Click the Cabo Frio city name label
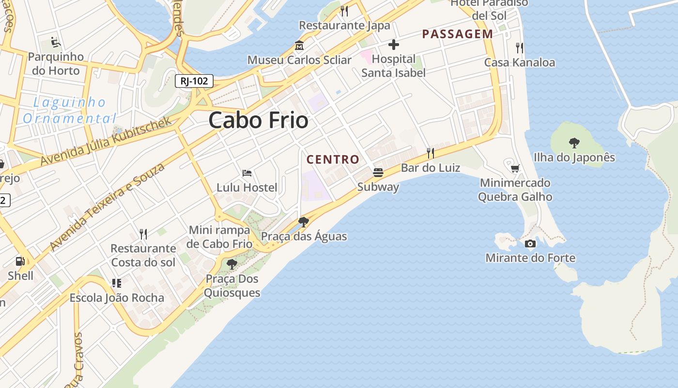tap(258, 120)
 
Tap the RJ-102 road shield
tap(194, 81)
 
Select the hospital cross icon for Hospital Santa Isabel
tap(394, 45)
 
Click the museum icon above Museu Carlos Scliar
tap(299, 46)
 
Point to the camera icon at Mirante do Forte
tap(530, 243)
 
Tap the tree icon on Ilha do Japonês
tap(574, 143)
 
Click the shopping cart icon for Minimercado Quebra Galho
tap(515, 168)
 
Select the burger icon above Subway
tap(378, 173)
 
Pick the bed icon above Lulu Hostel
tap(247, 173)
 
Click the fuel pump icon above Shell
tap(20, 261)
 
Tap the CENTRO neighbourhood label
tap(333, 159)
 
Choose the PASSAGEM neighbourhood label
tap(457, 34)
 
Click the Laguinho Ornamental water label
tap(70, 110)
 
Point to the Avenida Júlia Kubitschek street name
tap(107, 141)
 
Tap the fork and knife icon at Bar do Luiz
tap(430, 153)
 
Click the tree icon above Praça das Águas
tap(304, 222)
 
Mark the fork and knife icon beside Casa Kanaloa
tap(520, 48)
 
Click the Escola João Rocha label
tap(117, 298)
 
